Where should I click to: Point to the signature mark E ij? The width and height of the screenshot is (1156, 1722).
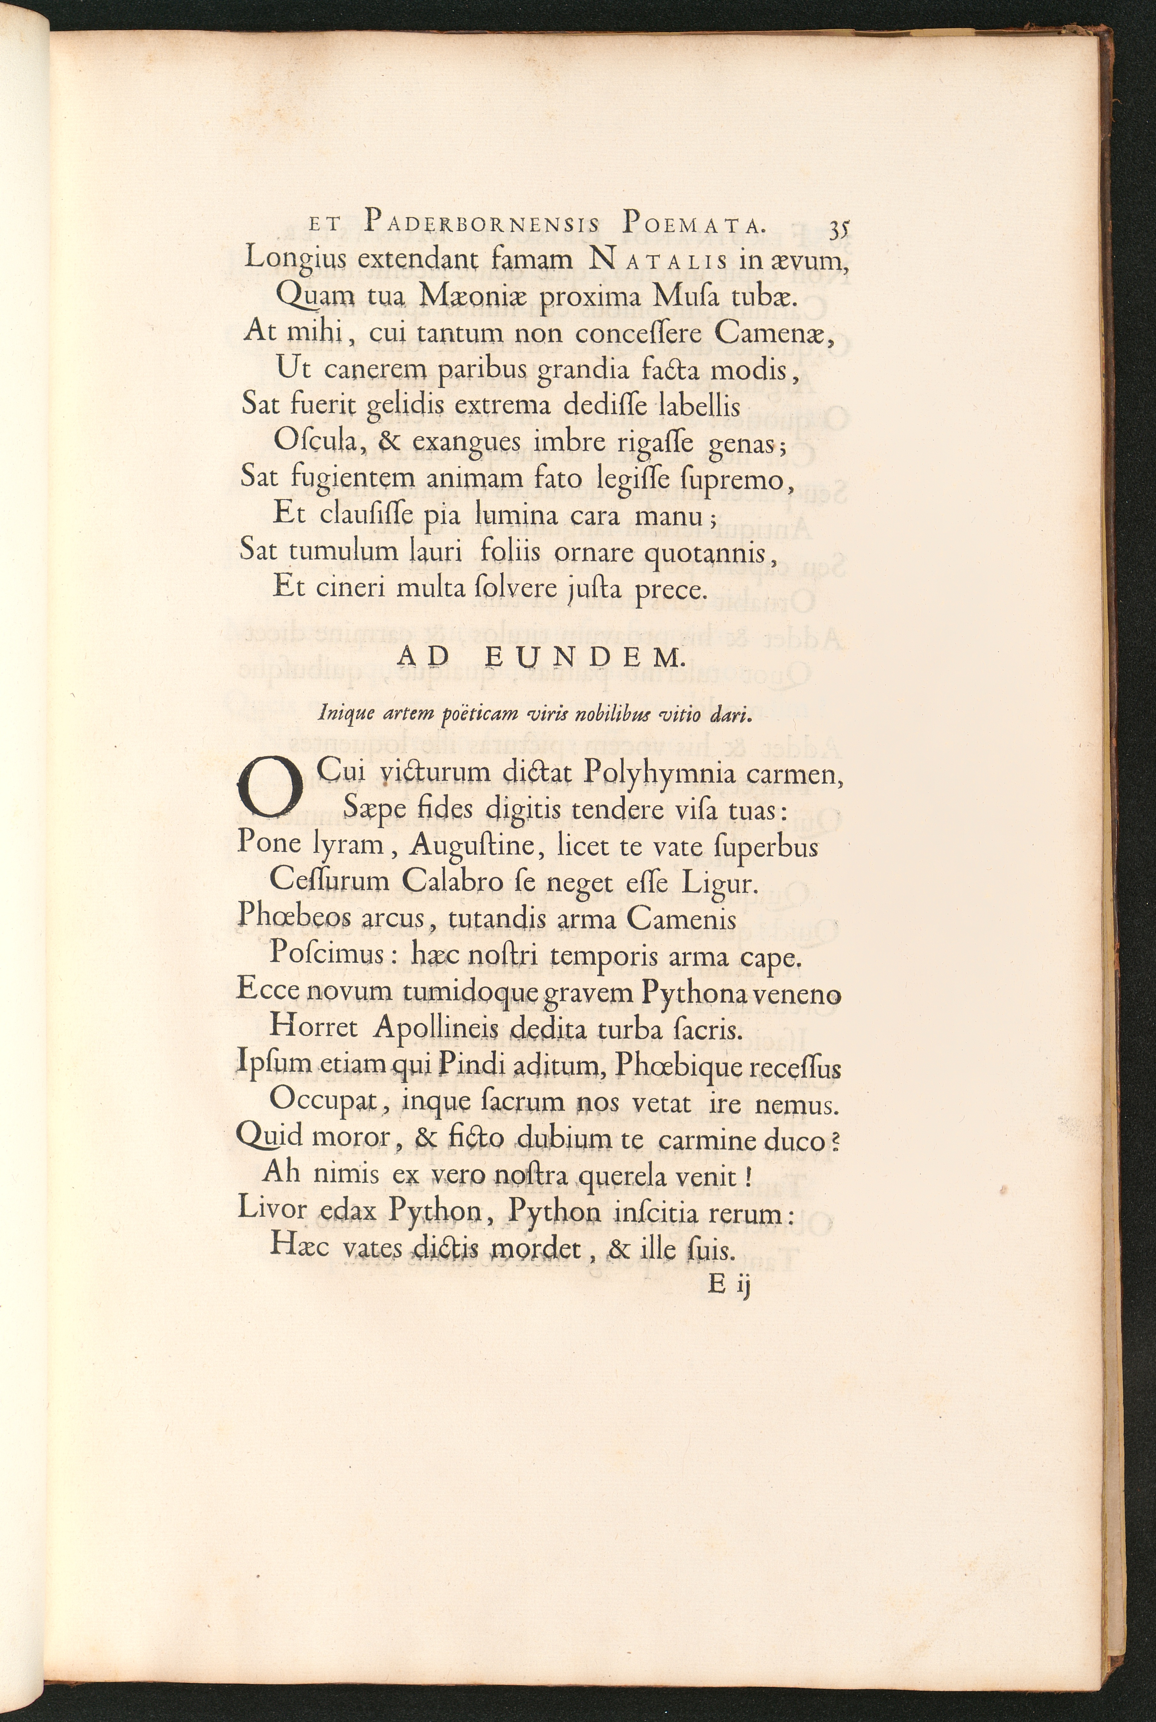(728, 1285)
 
